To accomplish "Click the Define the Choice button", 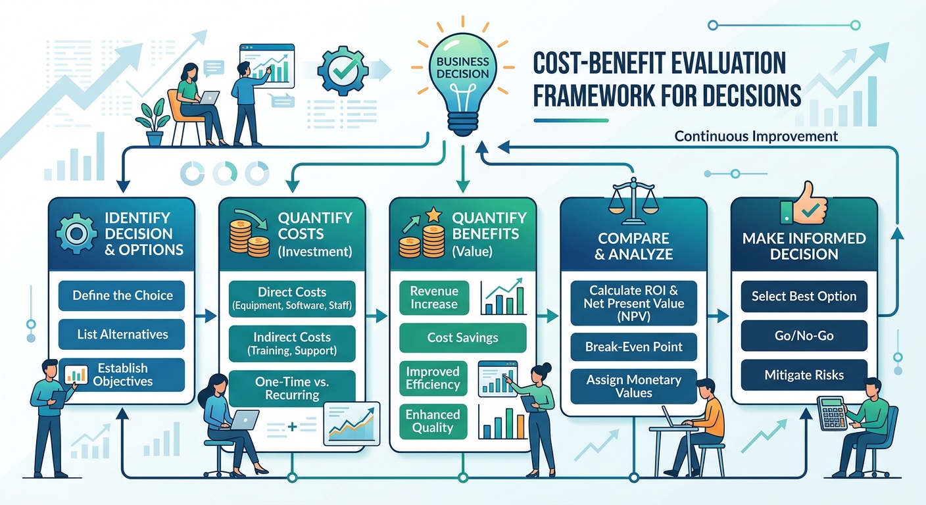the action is pyautogui.click(x=122, y=295).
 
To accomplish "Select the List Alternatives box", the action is pyautogui.click(x=122, y=334).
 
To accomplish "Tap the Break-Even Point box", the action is pyautogui.click(x=634, y=347).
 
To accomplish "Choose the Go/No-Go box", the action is pyautogui.click(x=804, y=335).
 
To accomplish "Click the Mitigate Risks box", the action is pyautogui.click(x=804, y=375).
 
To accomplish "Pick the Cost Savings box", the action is pyautogui.click(x=462, y=337).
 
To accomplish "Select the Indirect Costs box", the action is pyautogui.click(x=292, y=343).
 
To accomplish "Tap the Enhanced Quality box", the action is pyautogui.click(x=433, y=421).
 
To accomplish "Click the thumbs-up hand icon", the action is pyautogui.click(x=804, y=204).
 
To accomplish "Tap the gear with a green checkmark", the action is pyautogui.click(x=343, y=70).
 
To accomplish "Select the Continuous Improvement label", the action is pyautogui.click(x=756, y=136).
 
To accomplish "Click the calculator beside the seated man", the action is pyautogui.click(x=831, y=413).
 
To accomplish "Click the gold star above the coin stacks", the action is pyautogui.click(x=433, y=215).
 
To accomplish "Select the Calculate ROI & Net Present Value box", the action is pyautogui.click(x=634, y=303).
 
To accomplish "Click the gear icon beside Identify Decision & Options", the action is pyautogui.click(x=76, y=234).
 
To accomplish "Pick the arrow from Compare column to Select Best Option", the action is pyautogui.click(x=718, y=316).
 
